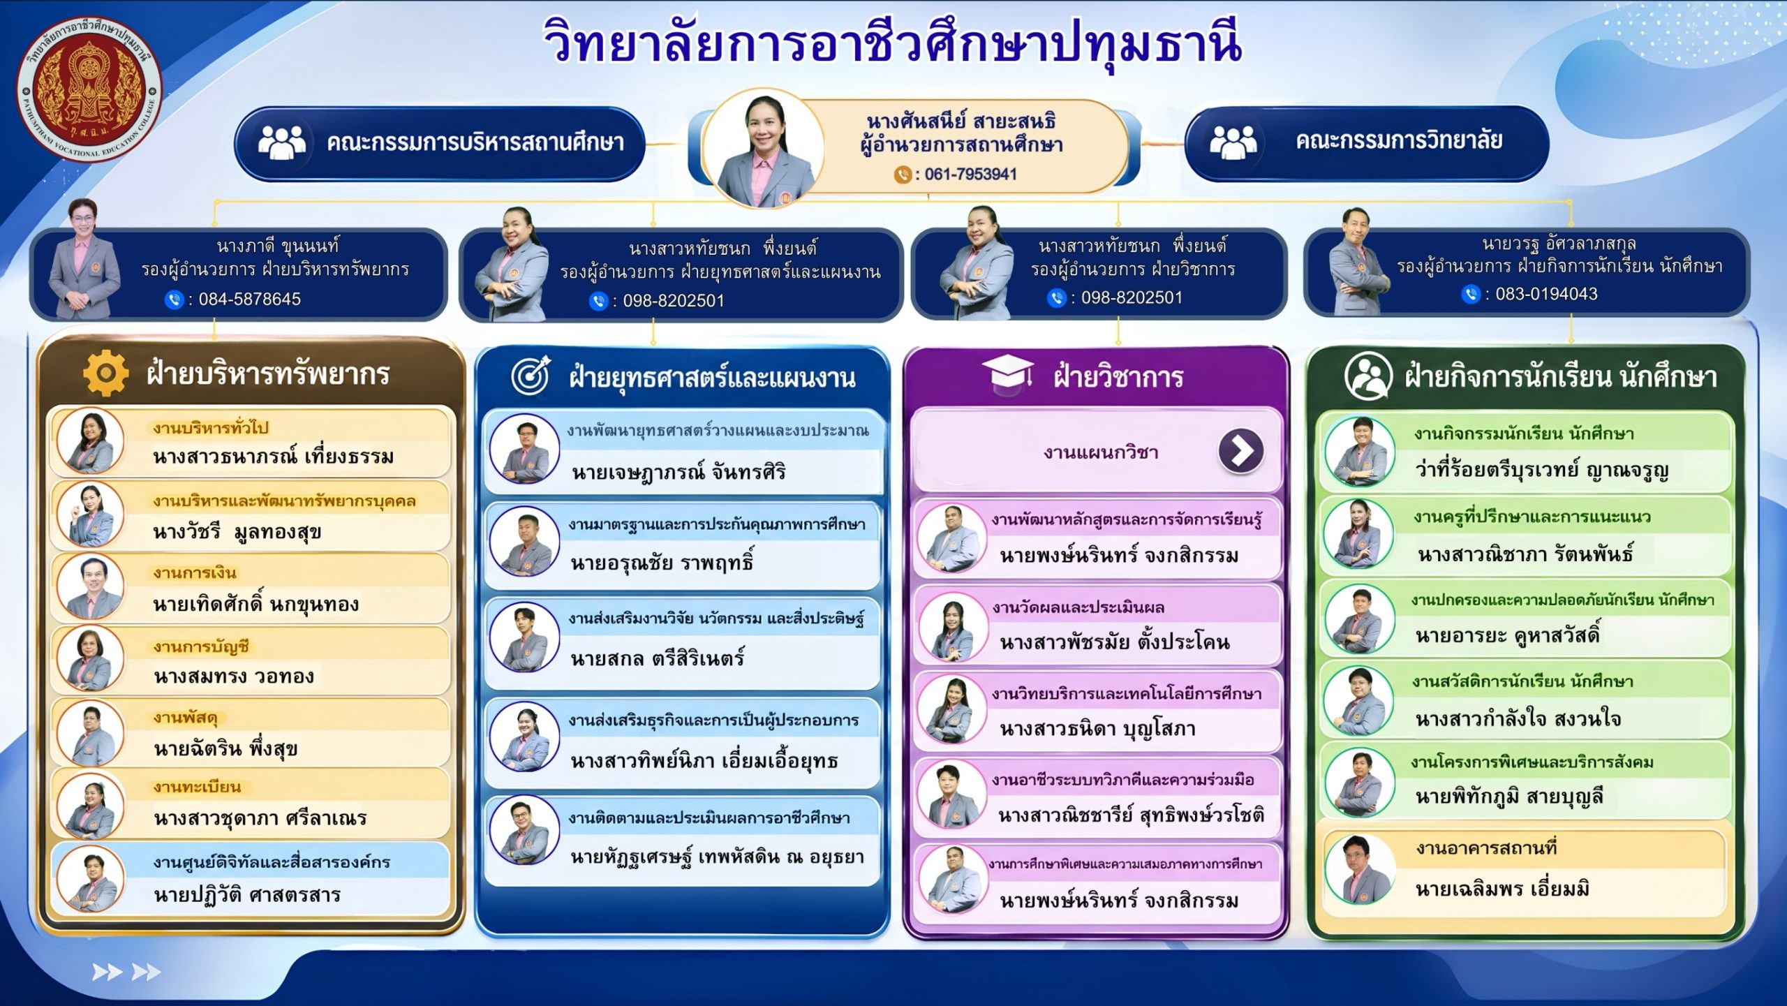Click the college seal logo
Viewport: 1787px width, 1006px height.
[89, 89]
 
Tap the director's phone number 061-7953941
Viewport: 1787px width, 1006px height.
[970, 174]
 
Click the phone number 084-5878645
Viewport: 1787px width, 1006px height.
[249, 299]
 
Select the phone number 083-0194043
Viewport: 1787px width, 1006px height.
[1546, 294]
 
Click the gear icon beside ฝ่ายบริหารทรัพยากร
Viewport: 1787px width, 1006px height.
[106, 373]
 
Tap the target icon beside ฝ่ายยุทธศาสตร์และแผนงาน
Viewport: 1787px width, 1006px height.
[531, 376]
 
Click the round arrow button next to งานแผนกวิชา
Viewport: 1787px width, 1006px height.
[1241, 451]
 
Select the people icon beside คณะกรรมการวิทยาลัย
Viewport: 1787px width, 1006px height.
[1233, 142]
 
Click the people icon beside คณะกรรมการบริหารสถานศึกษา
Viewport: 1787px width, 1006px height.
[281, 142]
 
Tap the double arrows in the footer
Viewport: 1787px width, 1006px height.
[126, 972]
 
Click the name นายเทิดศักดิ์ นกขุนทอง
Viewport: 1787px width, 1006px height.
[256, 603]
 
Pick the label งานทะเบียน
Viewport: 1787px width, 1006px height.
[198, 787]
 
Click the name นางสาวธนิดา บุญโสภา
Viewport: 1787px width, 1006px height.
[1097, 729]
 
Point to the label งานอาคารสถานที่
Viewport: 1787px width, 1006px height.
[1487, 848]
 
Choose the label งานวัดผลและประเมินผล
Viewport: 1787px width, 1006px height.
[1078, 607]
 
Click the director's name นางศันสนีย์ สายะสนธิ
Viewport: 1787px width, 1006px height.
[961, 121]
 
